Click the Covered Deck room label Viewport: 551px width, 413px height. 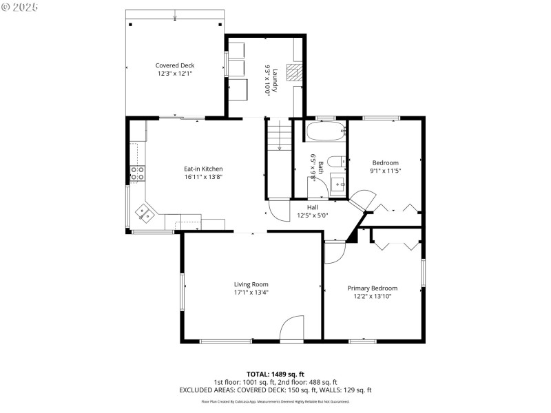pos(174,65)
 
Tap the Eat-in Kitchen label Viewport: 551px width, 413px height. pos(203,169)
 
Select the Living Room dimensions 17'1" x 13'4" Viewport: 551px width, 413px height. pos(251,292)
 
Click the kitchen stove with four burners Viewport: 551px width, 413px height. pos(136,174)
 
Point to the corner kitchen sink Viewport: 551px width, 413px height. pos(146,213)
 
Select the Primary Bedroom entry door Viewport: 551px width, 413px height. pos(333,252)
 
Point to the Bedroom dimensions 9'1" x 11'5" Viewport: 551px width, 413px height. pos(385,170)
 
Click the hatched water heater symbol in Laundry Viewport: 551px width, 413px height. pos(295,73)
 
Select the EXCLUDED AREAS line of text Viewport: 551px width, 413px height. pos(275,390)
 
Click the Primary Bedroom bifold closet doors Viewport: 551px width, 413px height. pos(395,242)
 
